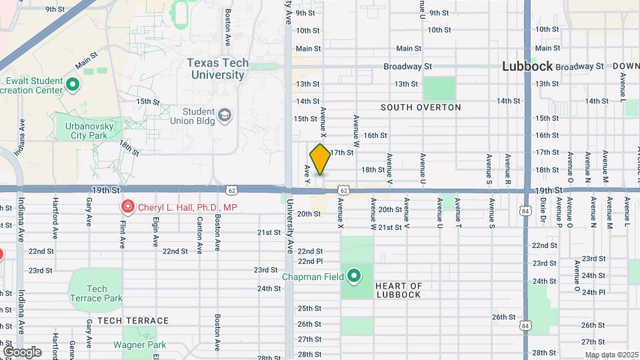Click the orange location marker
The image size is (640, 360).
(x=320, y=159)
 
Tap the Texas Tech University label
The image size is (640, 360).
(x=217, y=69)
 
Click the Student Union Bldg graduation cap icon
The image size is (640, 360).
(x=225, y=116)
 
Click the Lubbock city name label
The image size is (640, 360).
(x=527, y=66)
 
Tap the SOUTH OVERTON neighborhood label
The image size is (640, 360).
(x=421, y=107)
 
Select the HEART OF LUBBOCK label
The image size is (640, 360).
(x=399, y=290)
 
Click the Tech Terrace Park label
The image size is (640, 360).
(x=97, y=293)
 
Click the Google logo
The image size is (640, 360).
(x=22, y=351)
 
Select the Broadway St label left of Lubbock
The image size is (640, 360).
(x=408, y=67)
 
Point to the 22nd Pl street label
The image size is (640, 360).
(x=310, y=261)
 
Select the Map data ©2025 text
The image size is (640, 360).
(x=611, y=355)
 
